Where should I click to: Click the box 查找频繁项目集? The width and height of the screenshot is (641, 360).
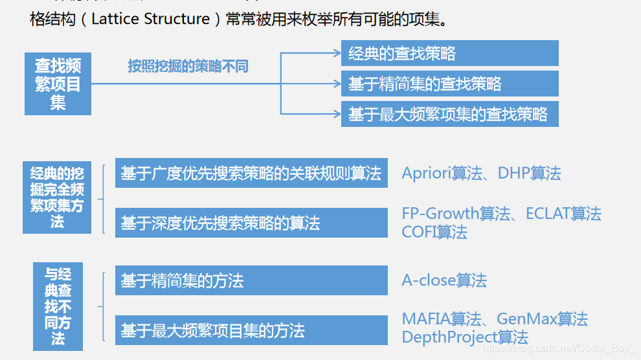point(58,84)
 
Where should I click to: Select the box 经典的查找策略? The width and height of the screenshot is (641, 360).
point(449,53)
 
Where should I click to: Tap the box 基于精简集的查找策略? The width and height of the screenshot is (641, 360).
point(449,84)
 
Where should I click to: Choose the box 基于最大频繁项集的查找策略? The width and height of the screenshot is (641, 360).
point(449,114)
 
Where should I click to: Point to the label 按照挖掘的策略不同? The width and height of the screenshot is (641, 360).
point(188,66)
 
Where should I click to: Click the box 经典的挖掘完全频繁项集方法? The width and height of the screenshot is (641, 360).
point(57,197)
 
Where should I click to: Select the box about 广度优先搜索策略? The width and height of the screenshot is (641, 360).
point(251,173)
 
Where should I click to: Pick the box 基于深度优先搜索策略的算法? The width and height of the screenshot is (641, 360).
point(251,223)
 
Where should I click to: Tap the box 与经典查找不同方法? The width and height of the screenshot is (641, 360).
point(58,306)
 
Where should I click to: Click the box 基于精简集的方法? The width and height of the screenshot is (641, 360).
point(251,280)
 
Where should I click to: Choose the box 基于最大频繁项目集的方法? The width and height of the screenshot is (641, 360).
point(251,330)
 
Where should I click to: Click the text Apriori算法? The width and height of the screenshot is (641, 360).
point(442,174)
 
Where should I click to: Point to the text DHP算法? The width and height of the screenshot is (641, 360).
point(529,174)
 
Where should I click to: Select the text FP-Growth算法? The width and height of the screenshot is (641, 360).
point(456,214)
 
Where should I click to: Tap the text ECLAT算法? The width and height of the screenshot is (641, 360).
point(563,214)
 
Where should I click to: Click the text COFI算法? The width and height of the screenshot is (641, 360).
point(434,232)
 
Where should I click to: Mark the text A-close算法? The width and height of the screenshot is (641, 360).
point(444,280)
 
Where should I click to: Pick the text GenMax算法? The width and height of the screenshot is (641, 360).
point(542,319)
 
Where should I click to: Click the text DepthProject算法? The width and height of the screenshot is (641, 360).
point(465,337)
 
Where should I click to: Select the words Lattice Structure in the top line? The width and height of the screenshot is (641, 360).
point(150,19)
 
